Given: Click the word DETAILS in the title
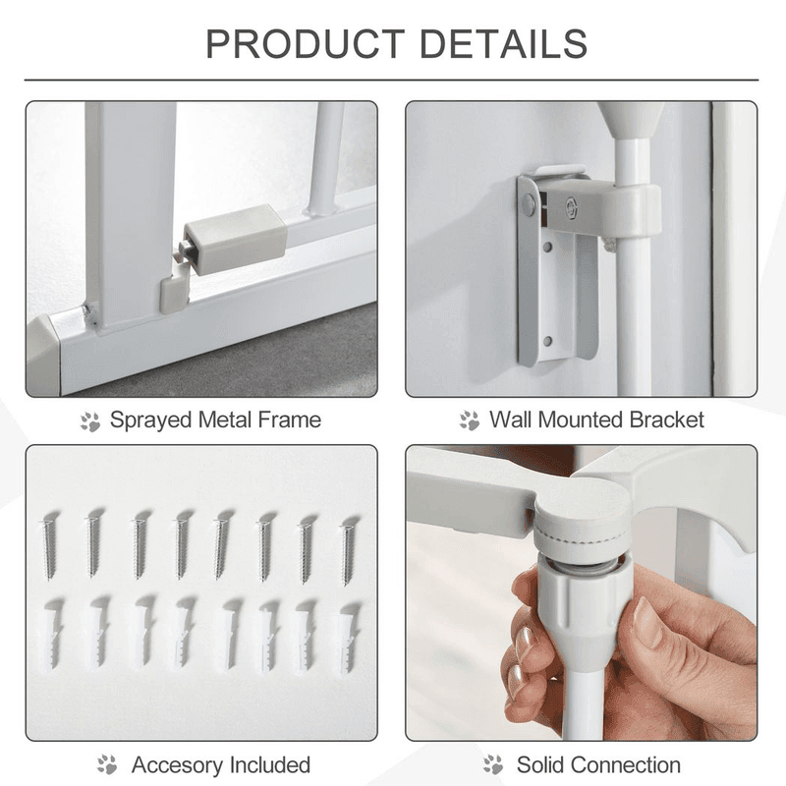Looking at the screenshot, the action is click(503, 43).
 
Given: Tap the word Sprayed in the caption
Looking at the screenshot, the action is click(151, 421).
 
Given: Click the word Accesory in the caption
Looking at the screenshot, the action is click(175, 765).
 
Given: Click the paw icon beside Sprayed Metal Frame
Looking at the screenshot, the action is click(90, 421).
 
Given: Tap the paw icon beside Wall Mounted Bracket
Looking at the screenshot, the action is click(470, 421).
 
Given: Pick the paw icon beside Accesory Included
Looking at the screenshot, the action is click(107, 765).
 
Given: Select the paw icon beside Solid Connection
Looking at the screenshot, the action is click(493, 765).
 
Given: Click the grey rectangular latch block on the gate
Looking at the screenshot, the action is click(235, 237).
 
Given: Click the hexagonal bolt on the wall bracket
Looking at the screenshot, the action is click(572, 204).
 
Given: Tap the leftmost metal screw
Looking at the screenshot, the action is click(49, 545).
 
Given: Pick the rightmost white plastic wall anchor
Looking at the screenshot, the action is click(349, 637).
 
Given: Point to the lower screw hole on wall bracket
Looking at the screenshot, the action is click(548, 341).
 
